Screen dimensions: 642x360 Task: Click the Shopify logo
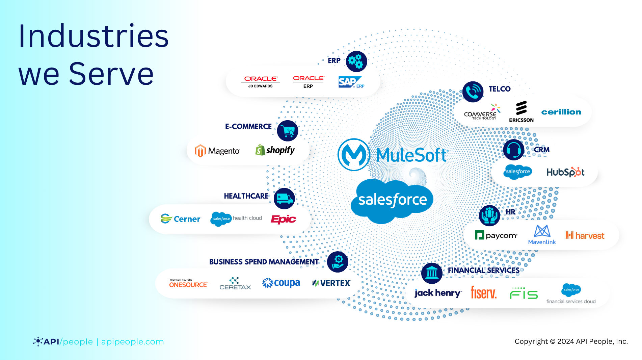click(275, 150)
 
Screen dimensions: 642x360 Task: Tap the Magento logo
click(217, 151)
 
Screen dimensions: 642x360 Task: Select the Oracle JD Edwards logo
click(261, 81)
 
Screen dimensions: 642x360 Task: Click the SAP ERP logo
click(351, 82)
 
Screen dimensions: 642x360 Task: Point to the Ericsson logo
click(521, 112)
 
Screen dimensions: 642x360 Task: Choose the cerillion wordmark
click(561, 112)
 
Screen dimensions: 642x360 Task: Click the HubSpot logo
click(565, 172)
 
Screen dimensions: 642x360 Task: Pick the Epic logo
click(284, 220)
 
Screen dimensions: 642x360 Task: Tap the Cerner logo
click(181, 219)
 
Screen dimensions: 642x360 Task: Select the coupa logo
click(281, 283)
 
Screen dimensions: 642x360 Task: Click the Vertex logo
click(331, 283)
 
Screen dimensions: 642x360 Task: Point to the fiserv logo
click(484, 292)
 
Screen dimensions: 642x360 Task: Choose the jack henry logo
click(438, 293)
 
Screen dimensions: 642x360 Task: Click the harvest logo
click(585, 235)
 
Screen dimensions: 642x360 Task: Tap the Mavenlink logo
click(542, 235)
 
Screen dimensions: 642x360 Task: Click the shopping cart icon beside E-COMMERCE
click(288, 131)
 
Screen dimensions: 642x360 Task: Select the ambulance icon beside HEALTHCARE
click(284, 199)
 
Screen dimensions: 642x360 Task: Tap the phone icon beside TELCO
click(473, 92)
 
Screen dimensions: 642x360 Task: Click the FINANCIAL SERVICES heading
click(484, 270)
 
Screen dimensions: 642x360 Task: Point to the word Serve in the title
click(111, 74)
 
